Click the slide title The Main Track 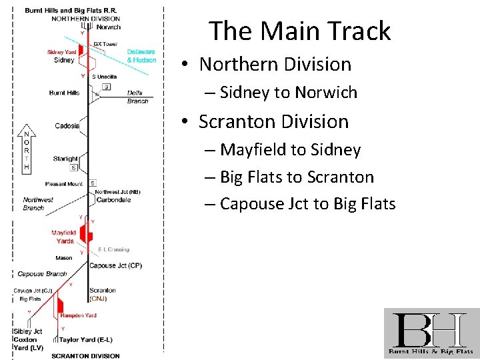click(299, 31)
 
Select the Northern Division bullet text click(275, 64)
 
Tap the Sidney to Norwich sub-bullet click(288, 93)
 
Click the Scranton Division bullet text click(273, 121)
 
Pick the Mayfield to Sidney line click(290, 150)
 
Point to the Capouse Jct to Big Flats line click(307, 203)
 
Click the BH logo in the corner click(431, 333)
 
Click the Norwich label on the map click(108, 27)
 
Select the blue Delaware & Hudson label click(141, 56)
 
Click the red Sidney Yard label click(61, 52)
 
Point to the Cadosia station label click(67, 126)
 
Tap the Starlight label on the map click(66, 159)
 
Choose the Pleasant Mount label click(64, 184)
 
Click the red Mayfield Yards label click(65, 237)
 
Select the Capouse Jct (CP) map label click(115, 266)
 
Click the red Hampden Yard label click(78, 315)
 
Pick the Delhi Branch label click(137, 97)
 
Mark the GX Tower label click(105, 44)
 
